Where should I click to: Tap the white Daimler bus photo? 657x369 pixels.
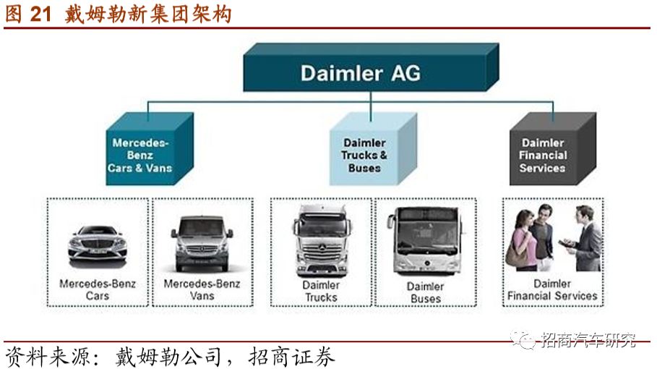pos(426,242)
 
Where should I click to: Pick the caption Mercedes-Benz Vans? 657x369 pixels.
pos(202,289)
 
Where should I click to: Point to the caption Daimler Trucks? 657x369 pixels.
pos(321,291)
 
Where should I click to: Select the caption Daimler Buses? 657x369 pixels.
pos(426,292)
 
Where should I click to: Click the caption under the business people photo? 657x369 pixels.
pos(552,289)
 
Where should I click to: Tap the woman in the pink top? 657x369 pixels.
pos(523,239)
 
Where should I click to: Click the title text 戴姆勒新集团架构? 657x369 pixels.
pos(148,13)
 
